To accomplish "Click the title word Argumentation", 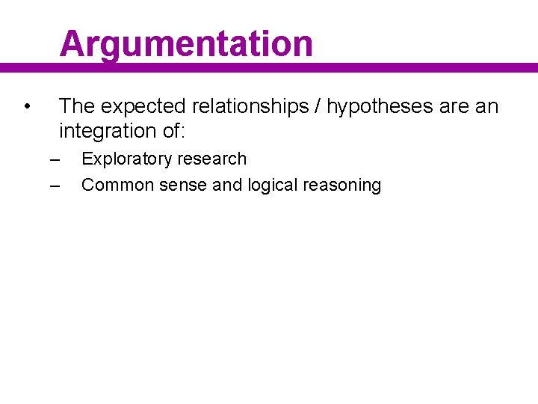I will (186, 43).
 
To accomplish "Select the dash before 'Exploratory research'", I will (53, 159).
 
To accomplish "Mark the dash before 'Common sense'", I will (53, 185).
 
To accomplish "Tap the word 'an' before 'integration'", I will (486, 107).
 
